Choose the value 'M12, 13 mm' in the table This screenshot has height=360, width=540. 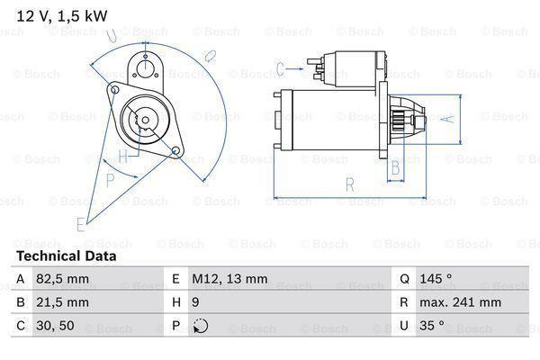click(230, 280)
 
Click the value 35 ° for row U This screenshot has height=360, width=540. click(428, 325)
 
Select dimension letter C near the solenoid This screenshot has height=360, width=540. click(281, 67)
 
